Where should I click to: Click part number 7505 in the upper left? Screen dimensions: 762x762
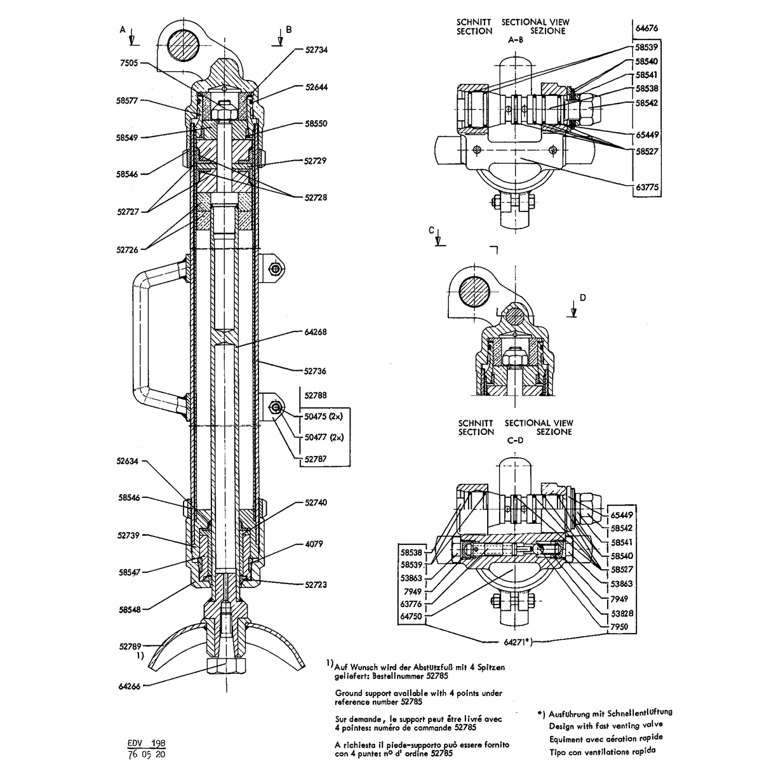pos(128,63)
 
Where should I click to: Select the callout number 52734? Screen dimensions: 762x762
pos(316,50)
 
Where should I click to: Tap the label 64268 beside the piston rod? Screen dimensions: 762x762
pos(316,331)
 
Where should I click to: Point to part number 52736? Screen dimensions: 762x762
pos(315,371)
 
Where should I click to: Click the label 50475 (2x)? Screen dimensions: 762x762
pos(323,417)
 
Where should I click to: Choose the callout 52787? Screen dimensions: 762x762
pos(316,459)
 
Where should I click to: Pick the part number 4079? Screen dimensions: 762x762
pos(314,544)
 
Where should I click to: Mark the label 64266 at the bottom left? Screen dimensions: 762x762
pos(130,686)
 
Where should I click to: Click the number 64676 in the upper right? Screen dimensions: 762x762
pos(646,28)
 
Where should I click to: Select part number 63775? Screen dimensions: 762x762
pos(647,187)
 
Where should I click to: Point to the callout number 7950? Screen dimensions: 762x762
pos(619,627)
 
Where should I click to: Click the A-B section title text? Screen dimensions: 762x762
pos(516,39)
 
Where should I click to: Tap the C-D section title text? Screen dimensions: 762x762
pos(515,440)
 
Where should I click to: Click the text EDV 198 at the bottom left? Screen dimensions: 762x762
pos(146,744)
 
